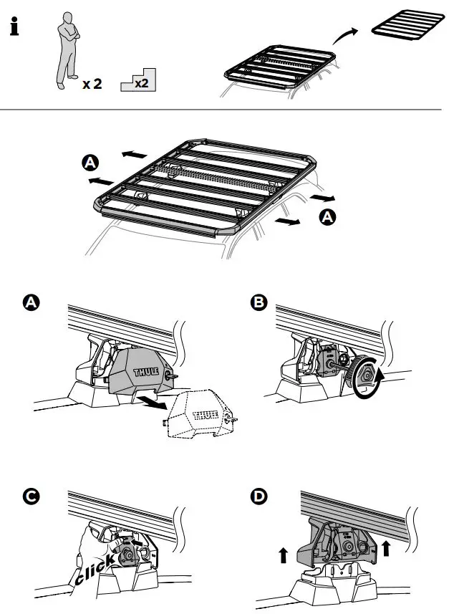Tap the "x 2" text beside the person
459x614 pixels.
92,84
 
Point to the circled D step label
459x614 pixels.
259,495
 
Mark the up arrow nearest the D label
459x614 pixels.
283,554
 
